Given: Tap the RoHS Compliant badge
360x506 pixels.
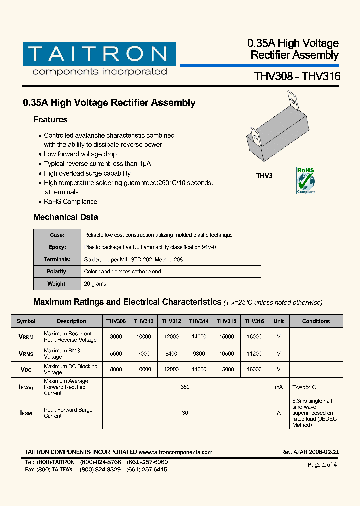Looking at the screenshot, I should pos(306,181).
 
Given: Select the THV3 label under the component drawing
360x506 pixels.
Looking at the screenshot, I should pos(264,176).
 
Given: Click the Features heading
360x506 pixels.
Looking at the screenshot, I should pos(50,120).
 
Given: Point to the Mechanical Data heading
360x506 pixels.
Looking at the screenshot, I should pos(65,217).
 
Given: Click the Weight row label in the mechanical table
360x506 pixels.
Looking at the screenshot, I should pos(57,284).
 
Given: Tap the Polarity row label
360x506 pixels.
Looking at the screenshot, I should pos(57,272).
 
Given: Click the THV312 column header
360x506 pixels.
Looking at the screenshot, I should pos(171,321).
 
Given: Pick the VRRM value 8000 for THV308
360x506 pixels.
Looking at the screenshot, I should pos(116,337).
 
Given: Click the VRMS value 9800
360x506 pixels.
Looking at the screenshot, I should pos(199,354).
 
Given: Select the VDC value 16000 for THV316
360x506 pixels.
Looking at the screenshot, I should pos(254,370).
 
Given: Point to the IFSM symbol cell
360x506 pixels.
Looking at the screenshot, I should pos(26,413).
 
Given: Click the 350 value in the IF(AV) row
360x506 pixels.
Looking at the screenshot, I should pos(185,387).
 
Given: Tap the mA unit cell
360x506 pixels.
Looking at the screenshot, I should pos(278,387).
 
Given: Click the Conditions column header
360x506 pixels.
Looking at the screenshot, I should pos(316,321).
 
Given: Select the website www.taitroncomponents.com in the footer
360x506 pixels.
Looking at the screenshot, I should pos(176,452).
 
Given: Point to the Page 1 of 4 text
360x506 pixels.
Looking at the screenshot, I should pos(322,465).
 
